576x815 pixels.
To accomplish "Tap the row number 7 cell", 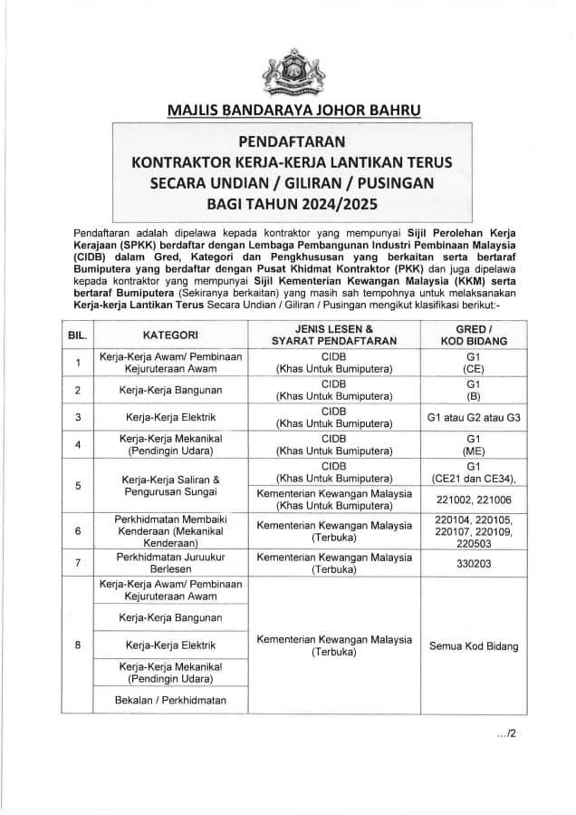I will pyautogui.click(x=77, y=562).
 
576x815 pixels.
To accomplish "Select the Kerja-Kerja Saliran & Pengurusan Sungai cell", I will pyautogui.click(x=170, y=484).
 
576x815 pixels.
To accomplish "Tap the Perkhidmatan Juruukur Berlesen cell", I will pyautogui.click(x=170, y=562).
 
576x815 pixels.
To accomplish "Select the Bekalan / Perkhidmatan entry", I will pyautogui.click(x=170, y=700).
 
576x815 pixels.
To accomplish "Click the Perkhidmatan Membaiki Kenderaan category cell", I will pyautogui.click(x=170, y=530).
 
